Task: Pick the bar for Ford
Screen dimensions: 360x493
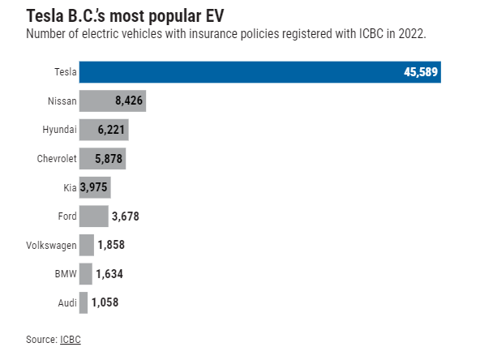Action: click(93, 216)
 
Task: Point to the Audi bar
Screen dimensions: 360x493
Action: click(83, 302)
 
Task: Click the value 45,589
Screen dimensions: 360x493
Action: click(421, 72)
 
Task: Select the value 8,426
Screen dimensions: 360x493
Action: click(130, 101)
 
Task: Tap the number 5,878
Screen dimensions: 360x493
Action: click(109, 159)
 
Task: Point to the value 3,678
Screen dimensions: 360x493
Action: click(128, 216)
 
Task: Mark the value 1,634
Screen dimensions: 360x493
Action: click(109, 274)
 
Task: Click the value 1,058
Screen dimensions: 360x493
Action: click(105, 303)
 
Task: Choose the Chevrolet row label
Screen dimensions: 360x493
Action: click(57, 159)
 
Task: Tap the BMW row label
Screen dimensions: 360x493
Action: click(65, 274)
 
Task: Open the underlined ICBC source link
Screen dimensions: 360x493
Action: click(71, 339)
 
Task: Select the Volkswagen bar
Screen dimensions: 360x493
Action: click(86, 245)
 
